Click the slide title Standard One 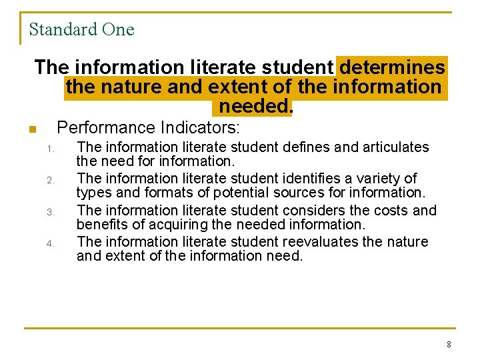point(81,30)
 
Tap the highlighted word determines point(392,67)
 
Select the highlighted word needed point(255,106)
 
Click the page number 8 point(449,345)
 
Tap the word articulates point(395,147)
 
